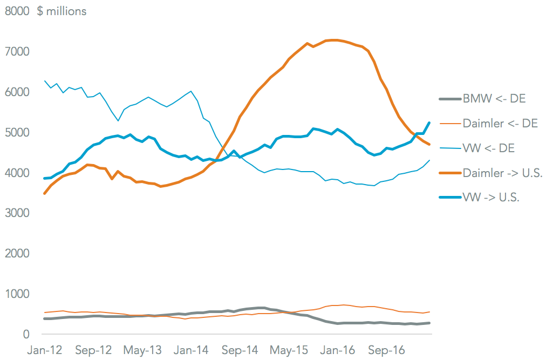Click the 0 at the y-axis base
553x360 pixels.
pos(24,335)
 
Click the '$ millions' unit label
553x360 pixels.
pos(62,11)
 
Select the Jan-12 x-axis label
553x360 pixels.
pos(44,350)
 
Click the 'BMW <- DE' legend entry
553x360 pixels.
pos(494,99)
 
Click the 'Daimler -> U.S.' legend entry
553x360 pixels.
pos(502,173)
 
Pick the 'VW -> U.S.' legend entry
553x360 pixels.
pos(491,198)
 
